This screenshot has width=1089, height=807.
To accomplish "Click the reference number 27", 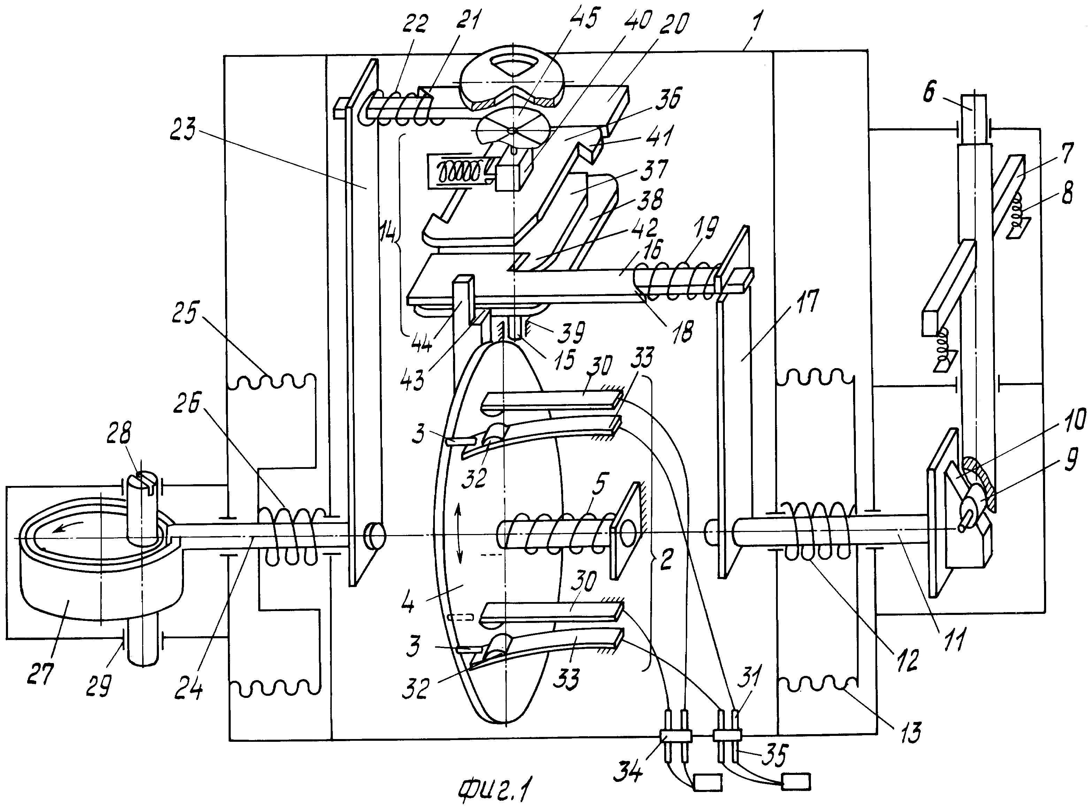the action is coord(40,674).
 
